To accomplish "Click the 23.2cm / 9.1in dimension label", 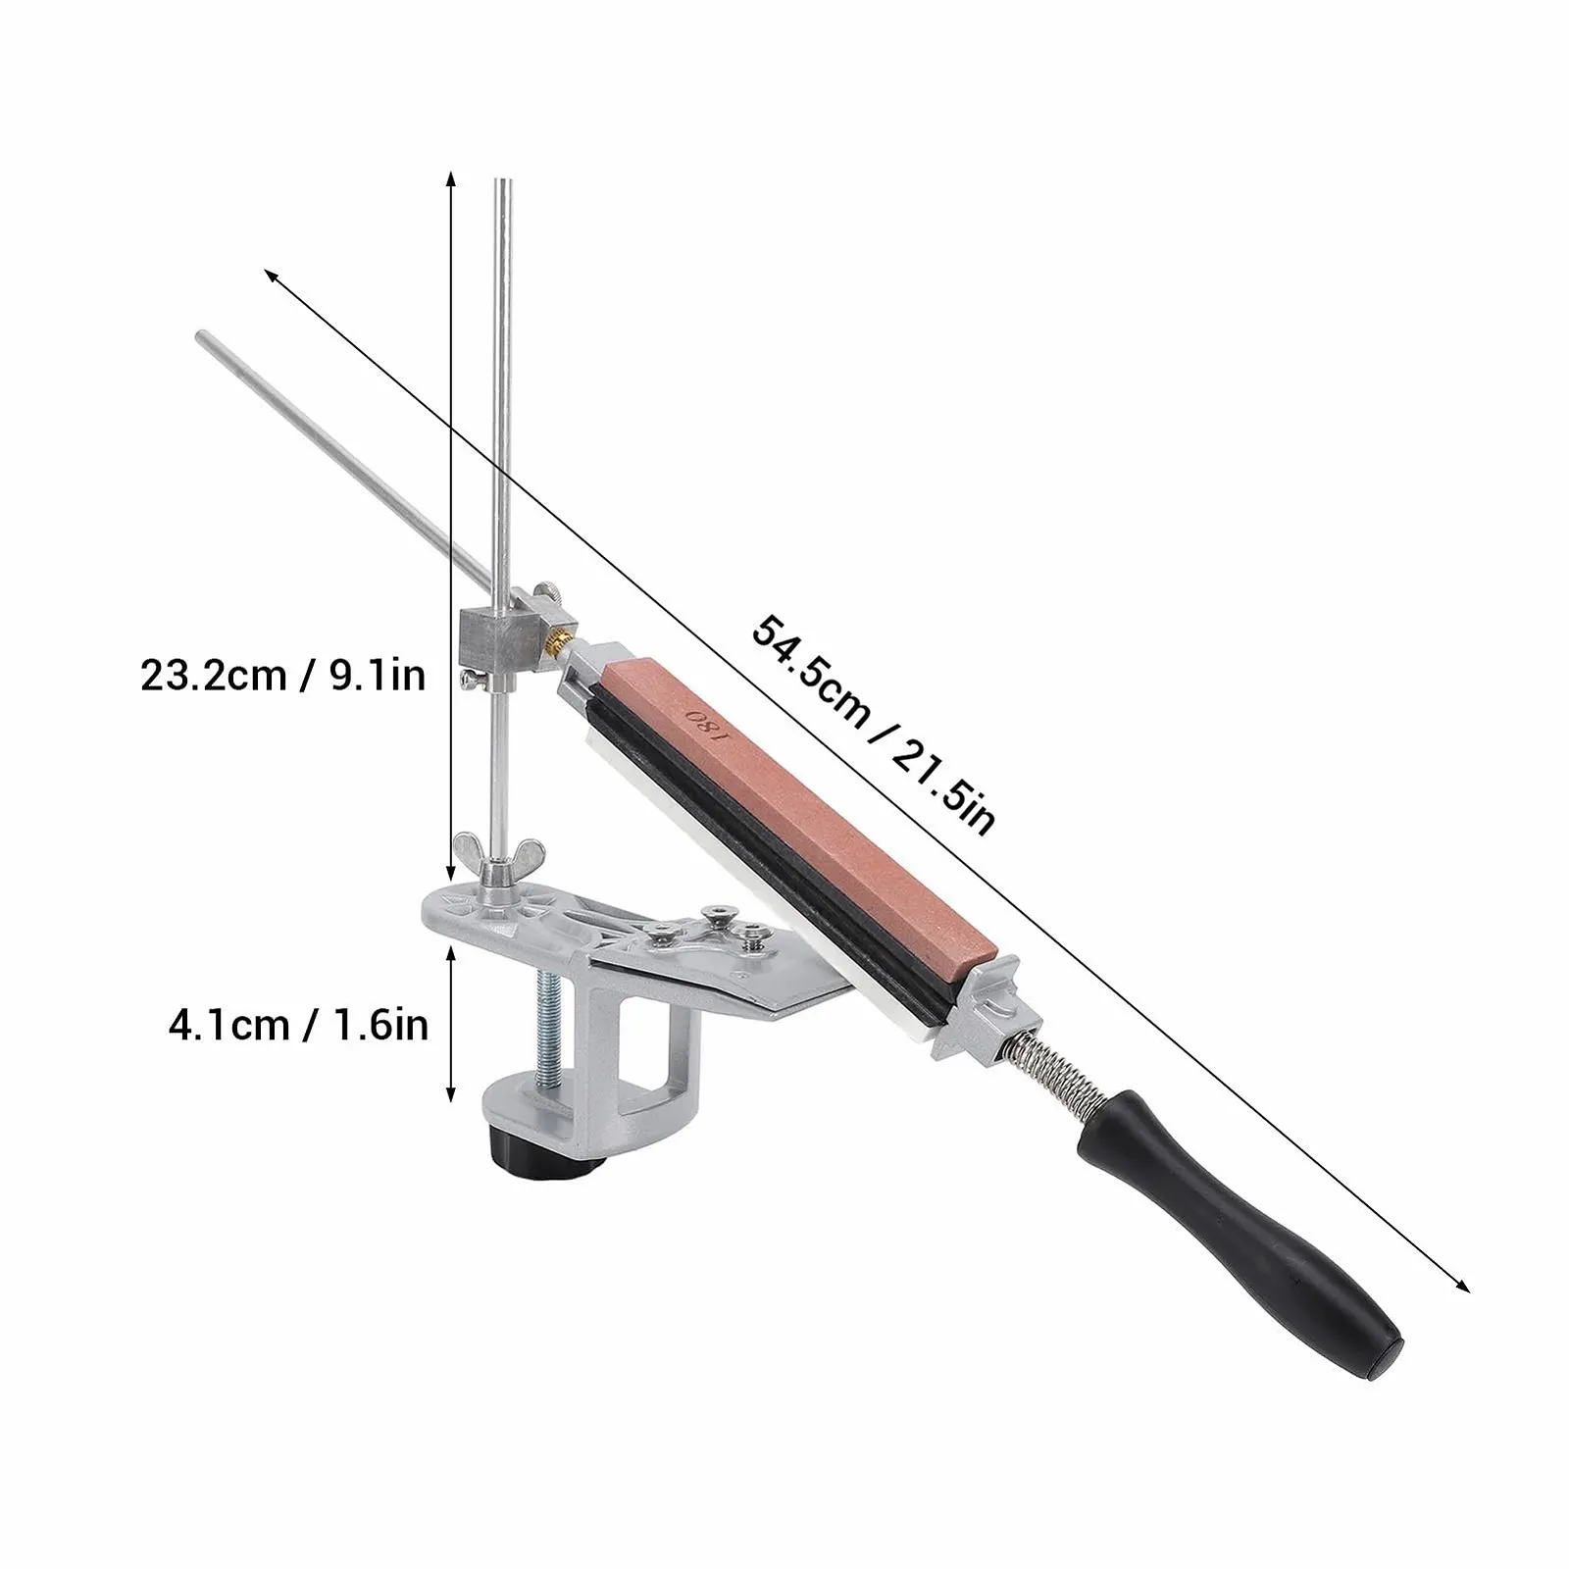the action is coord(283,676).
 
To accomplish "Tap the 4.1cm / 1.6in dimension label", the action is coord(298,1026).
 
